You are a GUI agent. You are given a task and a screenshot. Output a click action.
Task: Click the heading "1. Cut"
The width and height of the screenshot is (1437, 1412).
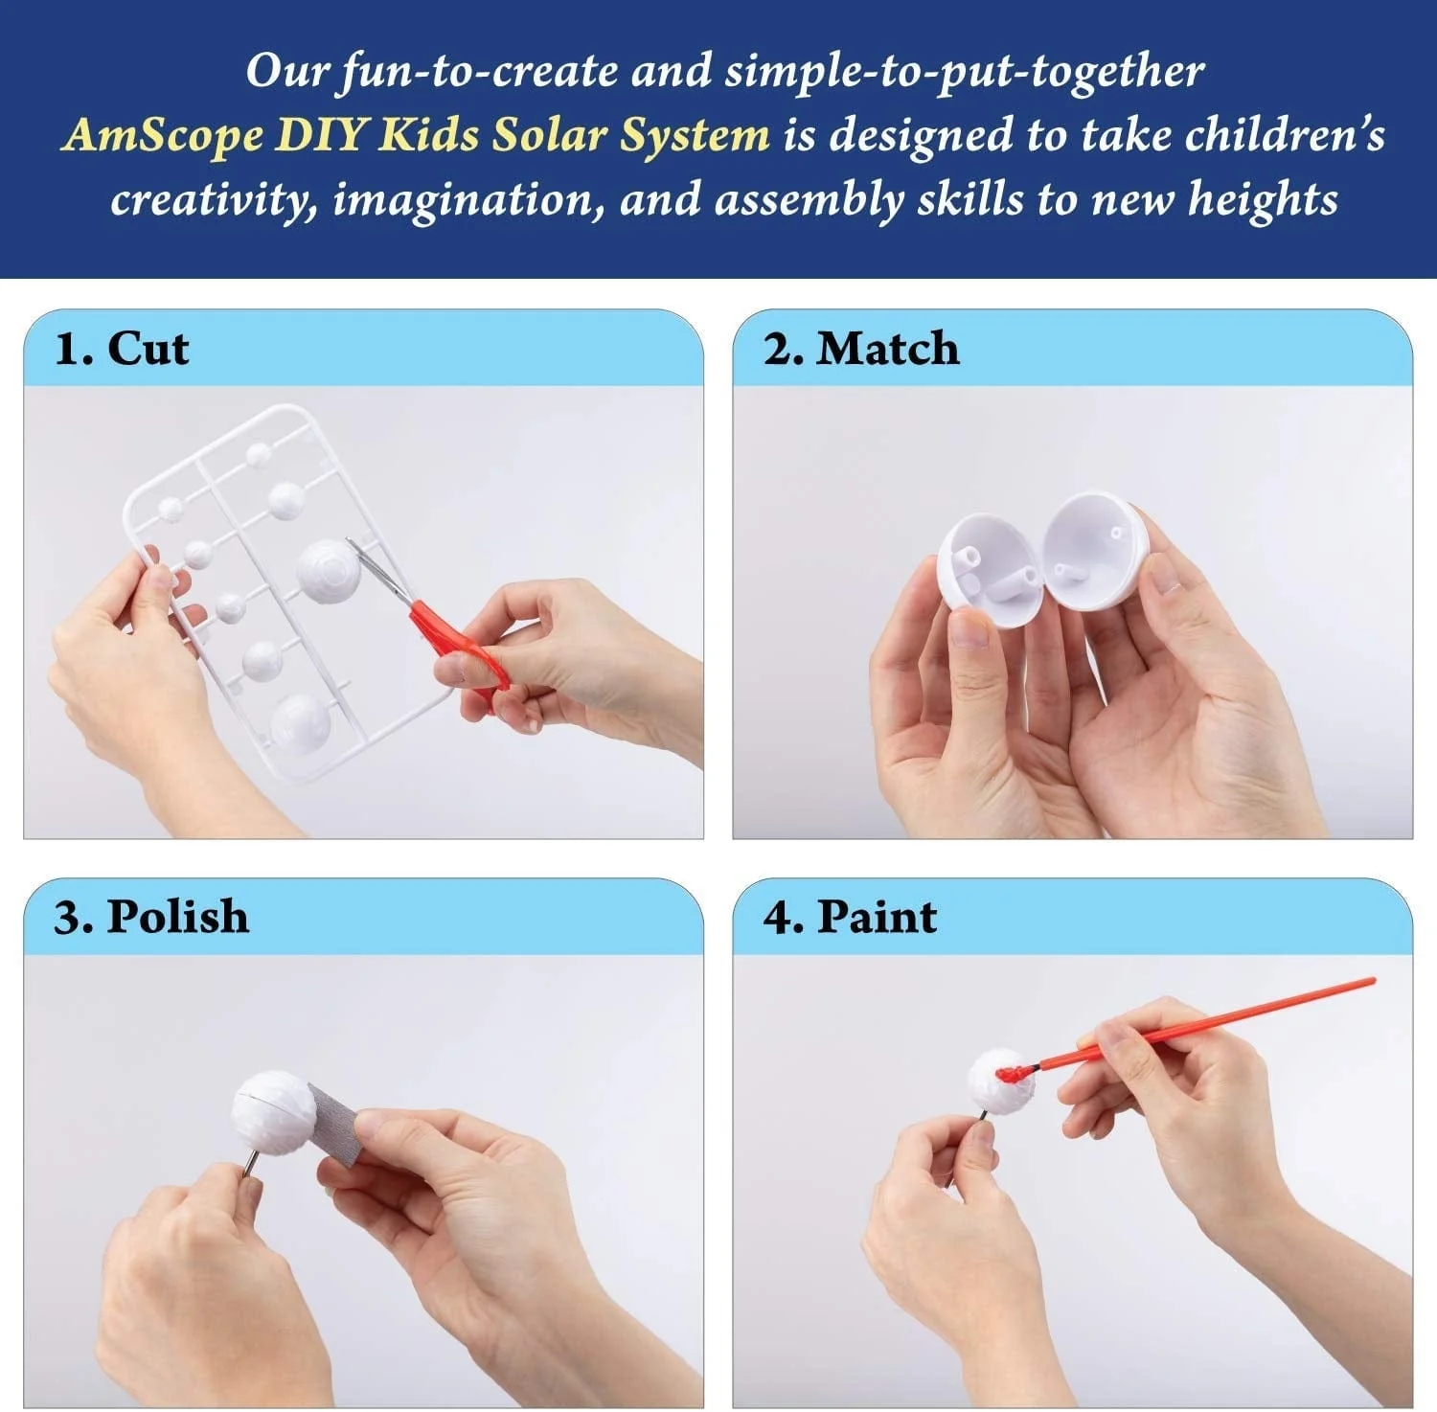[122, 349]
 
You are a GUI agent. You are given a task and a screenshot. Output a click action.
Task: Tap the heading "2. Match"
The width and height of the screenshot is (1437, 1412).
[860, 349]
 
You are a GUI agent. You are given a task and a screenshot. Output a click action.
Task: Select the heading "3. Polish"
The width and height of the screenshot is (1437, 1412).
[151, 917]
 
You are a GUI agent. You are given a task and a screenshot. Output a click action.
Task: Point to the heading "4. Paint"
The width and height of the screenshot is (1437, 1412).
[849, 917]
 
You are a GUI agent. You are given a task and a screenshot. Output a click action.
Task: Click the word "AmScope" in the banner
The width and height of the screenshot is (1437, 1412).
[162, 135]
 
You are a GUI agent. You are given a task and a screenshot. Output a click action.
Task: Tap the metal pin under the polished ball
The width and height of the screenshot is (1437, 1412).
[248, 1166]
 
